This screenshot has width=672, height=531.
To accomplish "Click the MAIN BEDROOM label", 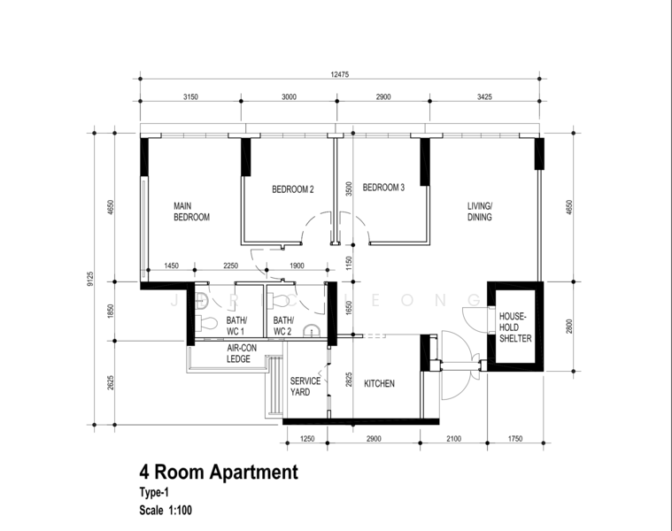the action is point(191,212).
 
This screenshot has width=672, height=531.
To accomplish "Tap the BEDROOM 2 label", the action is point(293,189).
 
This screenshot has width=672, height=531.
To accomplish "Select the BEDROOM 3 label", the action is point(383,187).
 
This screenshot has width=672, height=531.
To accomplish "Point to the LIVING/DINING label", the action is point(480,212).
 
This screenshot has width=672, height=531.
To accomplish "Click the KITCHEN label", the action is point(379,383).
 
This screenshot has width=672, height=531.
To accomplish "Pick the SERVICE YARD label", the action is point(305,386).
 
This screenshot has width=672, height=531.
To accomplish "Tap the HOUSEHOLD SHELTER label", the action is point(515,327).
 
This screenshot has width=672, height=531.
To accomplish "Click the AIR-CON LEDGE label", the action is point(242,353).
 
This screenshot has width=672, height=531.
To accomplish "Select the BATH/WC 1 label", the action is point(236,326).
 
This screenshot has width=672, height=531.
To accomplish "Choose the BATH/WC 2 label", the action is point(283,326).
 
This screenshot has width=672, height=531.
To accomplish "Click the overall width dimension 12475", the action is point(339,74).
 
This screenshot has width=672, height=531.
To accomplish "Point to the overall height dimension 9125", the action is point(90,279).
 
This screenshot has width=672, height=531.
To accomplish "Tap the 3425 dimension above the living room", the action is point(484,96).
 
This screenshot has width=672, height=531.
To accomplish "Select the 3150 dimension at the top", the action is point(190,96).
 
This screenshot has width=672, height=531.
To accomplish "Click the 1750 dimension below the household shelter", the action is point(515,438).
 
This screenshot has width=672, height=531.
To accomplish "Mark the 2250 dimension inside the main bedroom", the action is point(230,265).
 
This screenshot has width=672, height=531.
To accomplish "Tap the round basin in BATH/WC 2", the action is point(311,331).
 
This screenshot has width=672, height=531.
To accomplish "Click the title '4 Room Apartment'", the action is point(219,472).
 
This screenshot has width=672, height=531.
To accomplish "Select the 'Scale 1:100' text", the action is point(166,510).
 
